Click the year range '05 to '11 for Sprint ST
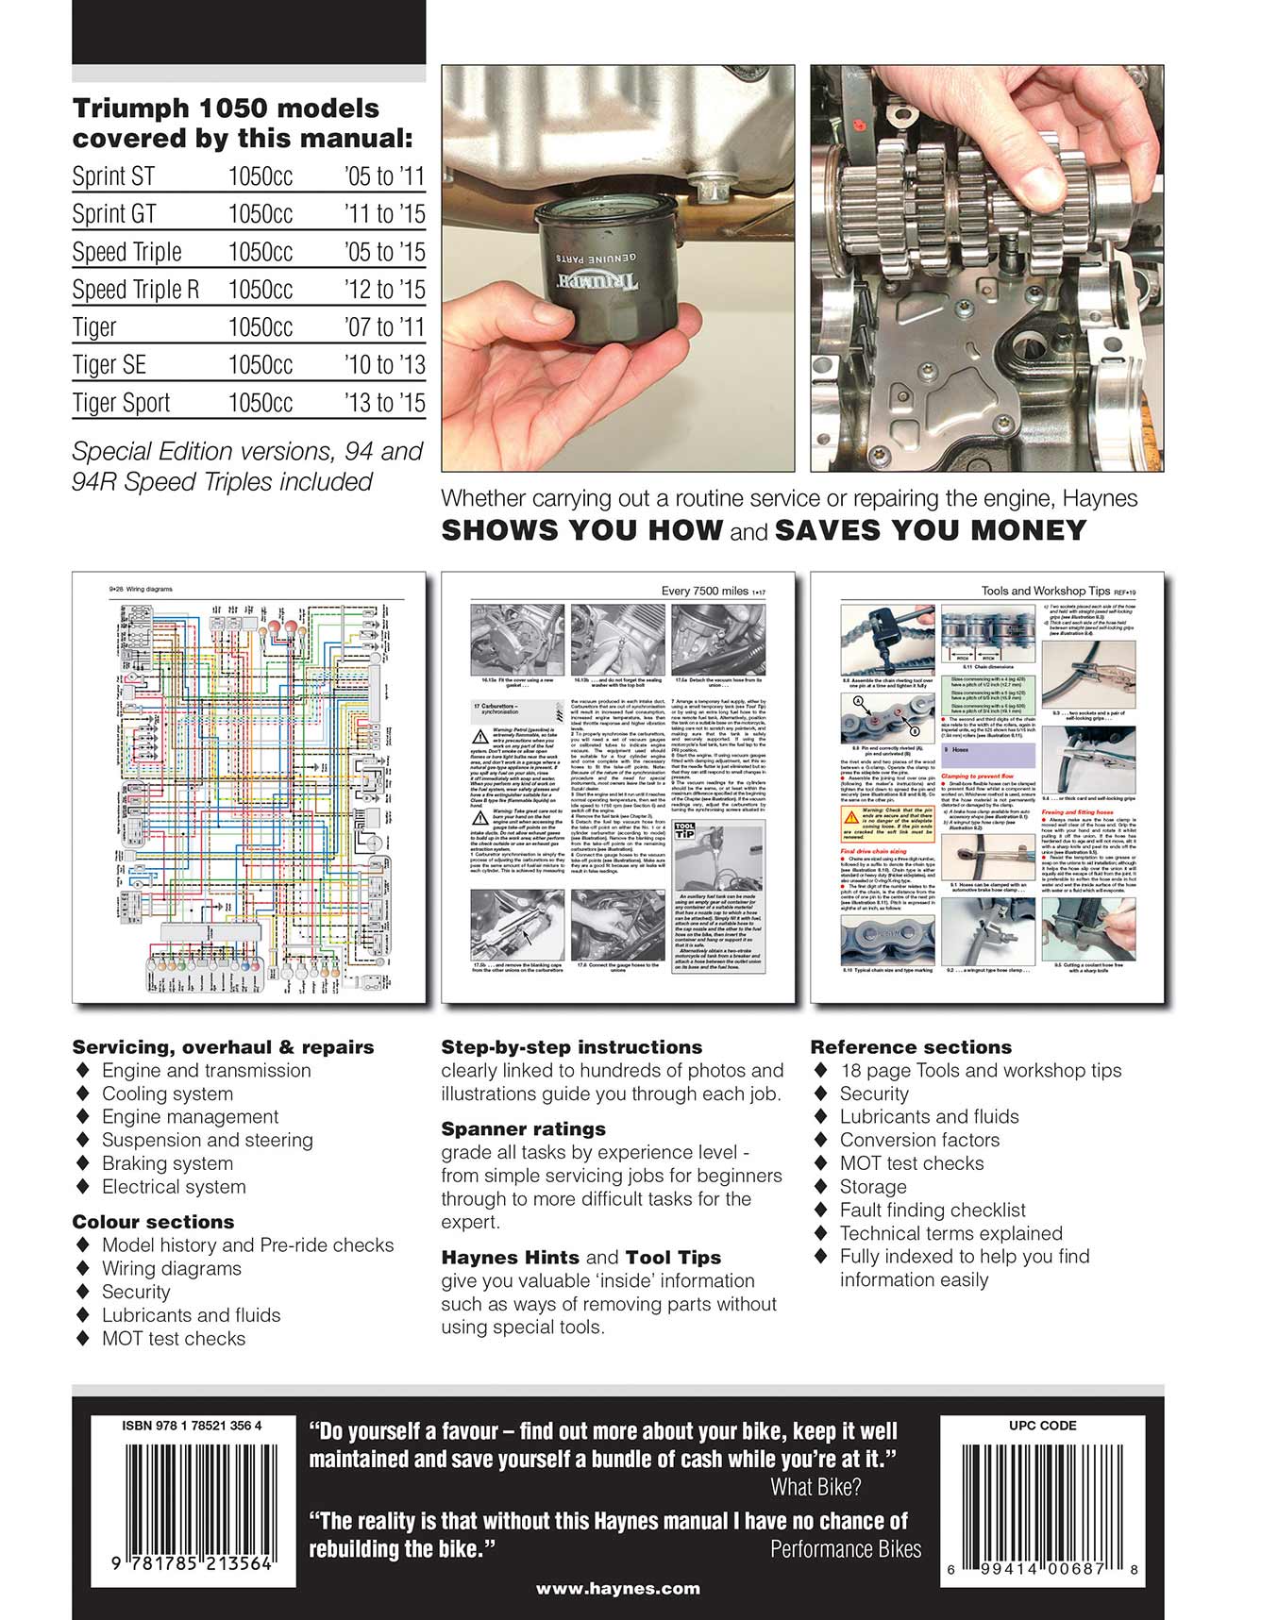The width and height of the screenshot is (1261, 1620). point(384,176)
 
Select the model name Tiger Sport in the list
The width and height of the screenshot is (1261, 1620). point(121,403)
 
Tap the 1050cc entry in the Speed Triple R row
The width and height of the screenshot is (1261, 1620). point(260,290)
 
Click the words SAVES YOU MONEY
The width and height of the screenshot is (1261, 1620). point(930,530)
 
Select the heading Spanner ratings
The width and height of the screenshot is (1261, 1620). point(523,1129)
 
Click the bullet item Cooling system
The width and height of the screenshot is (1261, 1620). point(167,1094)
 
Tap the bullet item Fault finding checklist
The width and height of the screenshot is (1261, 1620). point(932,1210)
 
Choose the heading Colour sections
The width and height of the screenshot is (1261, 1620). point(153,1222)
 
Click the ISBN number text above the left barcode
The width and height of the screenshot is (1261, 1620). point(192,1426)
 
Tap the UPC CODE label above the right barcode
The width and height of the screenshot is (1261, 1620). point(1042,1426)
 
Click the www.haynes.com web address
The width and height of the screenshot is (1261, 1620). point(617,1589)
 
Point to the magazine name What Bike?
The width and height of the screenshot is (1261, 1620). point(815,1488)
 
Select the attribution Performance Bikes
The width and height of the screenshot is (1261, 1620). point(845,1549)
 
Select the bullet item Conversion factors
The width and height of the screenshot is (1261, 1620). point(918,1140)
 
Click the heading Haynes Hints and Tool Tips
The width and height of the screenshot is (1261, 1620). point(580,1258)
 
